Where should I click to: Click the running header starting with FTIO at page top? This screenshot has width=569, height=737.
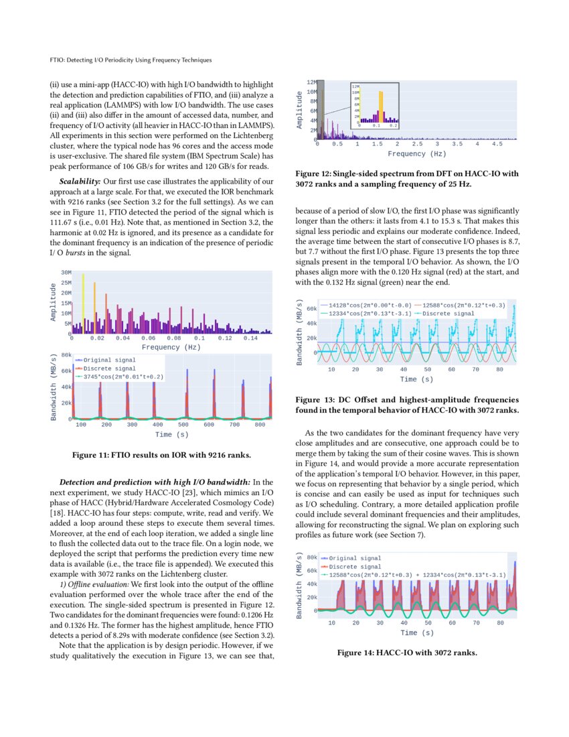click(131, 60)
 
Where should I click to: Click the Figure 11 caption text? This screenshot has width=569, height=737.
click(161, 456)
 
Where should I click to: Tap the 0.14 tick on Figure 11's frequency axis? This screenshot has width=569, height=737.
click(250, 338)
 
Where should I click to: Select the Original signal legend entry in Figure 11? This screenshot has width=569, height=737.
click(109, 360)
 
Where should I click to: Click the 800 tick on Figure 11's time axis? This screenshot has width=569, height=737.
click(260, 425)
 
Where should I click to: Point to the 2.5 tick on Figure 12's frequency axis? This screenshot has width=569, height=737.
click(417, 144)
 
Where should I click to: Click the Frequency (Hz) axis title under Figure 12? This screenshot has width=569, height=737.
click(416, 153)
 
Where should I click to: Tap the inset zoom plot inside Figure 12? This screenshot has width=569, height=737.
click(374, 105)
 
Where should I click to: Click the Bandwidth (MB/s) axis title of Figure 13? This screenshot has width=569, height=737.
click(301, 332)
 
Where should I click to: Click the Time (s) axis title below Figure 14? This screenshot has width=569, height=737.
click(416, 632)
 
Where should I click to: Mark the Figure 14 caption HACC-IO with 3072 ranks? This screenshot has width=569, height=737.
click(406, 653)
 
